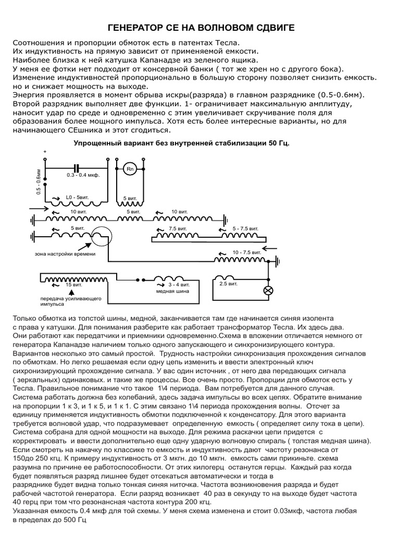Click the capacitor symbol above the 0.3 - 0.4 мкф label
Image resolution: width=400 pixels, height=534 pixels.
77,168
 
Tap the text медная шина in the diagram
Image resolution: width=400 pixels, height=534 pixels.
169,292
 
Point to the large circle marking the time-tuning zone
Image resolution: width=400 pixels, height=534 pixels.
99,238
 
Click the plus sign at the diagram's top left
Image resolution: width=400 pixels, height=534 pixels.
45,152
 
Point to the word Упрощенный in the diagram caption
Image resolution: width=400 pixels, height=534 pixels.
94,142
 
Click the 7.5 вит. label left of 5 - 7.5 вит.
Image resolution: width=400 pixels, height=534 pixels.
178,228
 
